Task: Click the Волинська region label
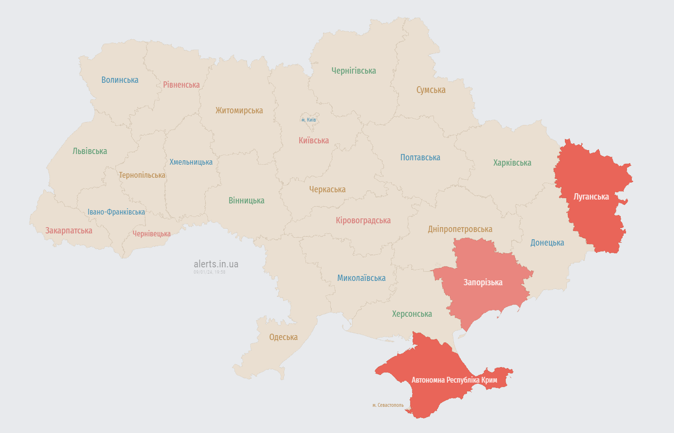pyautogui.click(x=120, y=80)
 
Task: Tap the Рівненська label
pyautogui.click(x=181, y=85)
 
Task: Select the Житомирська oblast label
pyautogui.click(x=239, y=110)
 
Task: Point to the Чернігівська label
pyautogui.click(x=353, y=71)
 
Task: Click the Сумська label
pyautogui.click(x=431, y=90)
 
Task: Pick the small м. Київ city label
pyautogui.click(x=308, y=120)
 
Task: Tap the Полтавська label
pyautogui.click(x=420, y=157)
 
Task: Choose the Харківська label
pyautogui.click(x=512, y=163)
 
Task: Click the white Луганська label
pyautogui.click(x=591, y=197)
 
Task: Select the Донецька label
pyautogui.click(x=547, y=243)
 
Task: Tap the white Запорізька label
pyautogui.click(x=483, y=282)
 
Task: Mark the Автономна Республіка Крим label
pyautogui.click(x=454, y=380)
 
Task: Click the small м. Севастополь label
pyautogui.click(x=388, y=405)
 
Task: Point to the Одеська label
pyautogui.click(x=283, y=337)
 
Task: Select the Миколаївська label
pyautogui.click(x=361, y=278)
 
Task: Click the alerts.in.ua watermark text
pyautogui.click(x=216, y=264)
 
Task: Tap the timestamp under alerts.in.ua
pyautogui.click(x=209, y=272)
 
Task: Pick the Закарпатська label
pyautogui.click(x=69, y=231)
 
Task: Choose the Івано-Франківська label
pyautogui.click(x=116, y=212)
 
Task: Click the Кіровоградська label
pyautogui.click(x=363, y=220)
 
